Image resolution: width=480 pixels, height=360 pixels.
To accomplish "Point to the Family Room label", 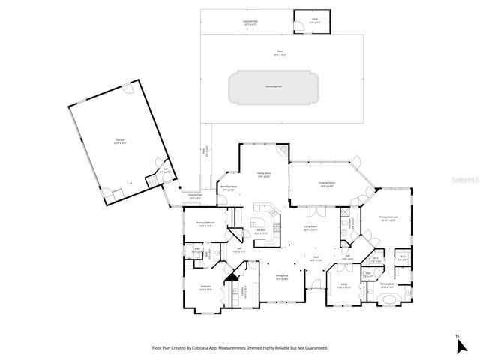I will [263, 174].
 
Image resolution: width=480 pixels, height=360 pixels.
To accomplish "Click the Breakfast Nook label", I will [228, 188].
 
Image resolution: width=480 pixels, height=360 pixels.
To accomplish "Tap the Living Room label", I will [310, 229].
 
